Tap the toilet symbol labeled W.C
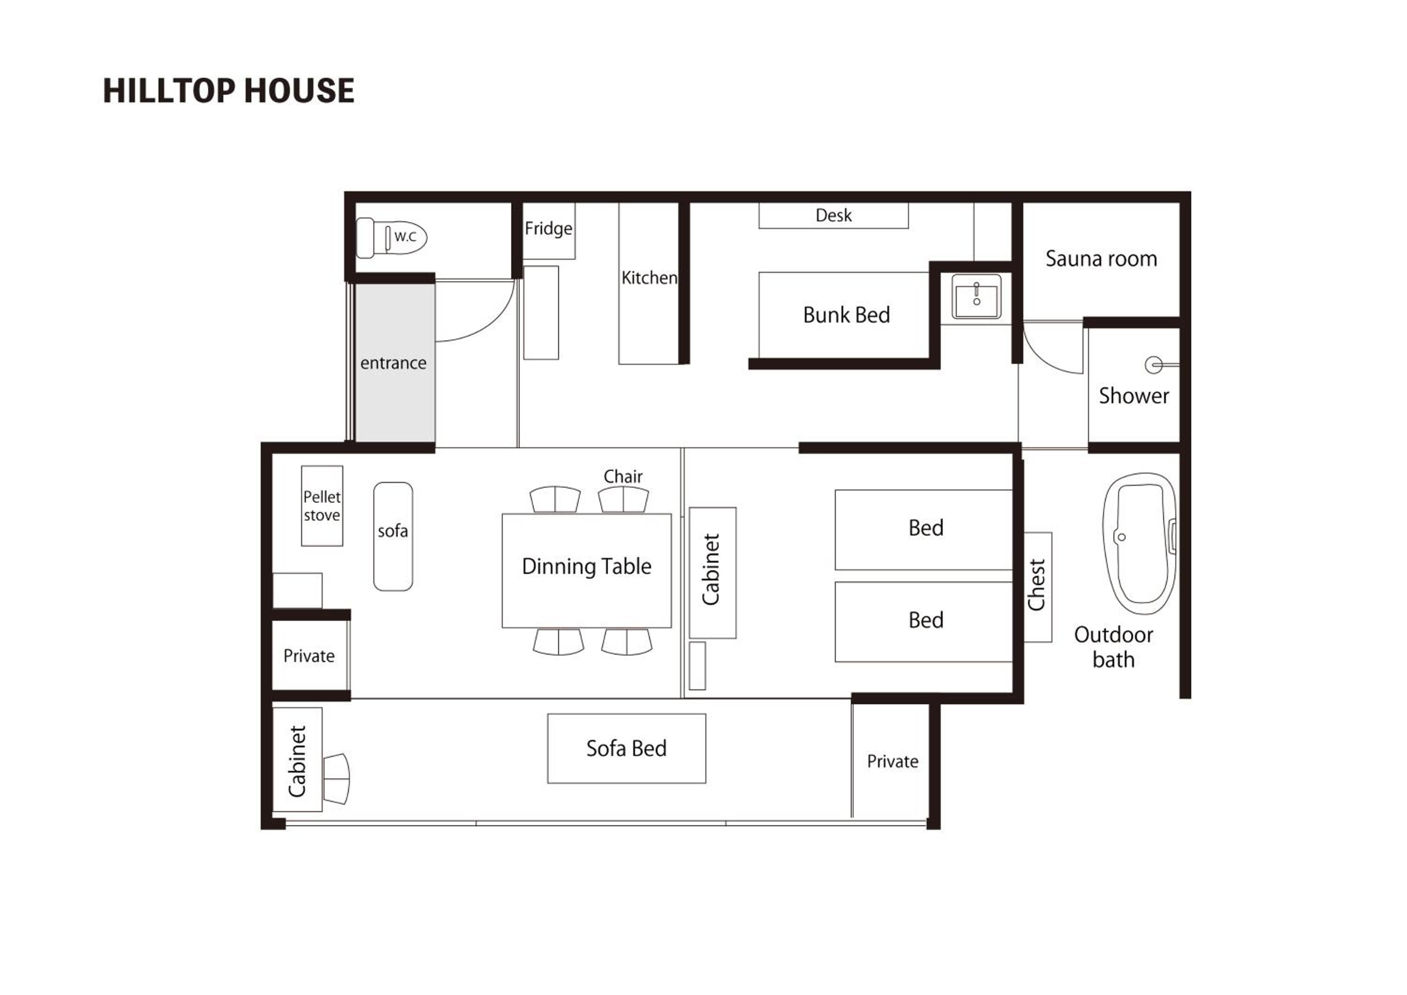[x=392, y=238]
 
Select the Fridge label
[x=548, y=228]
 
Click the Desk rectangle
[x=833, y=216]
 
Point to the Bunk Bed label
[x=846, y=315]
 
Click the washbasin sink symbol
[x=976, y=296]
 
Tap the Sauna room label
[x=1101, y=258]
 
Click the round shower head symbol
[x=1154, y=365]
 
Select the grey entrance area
[x=395, y=362]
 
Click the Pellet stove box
[x=322, y=505]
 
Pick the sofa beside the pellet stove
[x=393, y=536]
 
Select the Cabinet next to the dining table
[x=712, y=572]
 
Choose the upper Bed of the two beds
[x=923, y=529]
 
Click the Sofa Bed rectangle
[x=626, y=748]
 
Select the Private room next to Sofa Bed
[x=892, y=761]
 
